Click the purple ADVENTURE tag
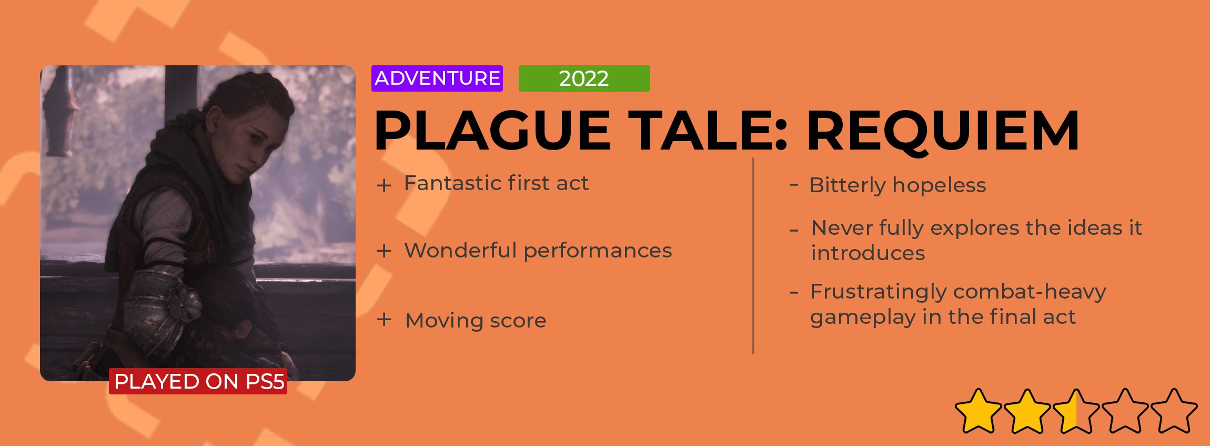coord(437,78)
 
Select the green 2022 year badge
coord(584,78)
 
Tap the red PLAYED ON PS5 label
coord(198,381)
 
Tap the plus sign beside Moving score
coord(384,320)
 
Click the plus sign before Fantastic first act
coord(384,185)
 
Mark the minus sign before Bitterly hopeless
coord(794,184)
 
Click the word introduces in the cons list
coord(868,253)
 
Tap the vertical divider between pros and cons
coord(753,256)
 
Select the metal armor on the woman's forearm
coord(158,311)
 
